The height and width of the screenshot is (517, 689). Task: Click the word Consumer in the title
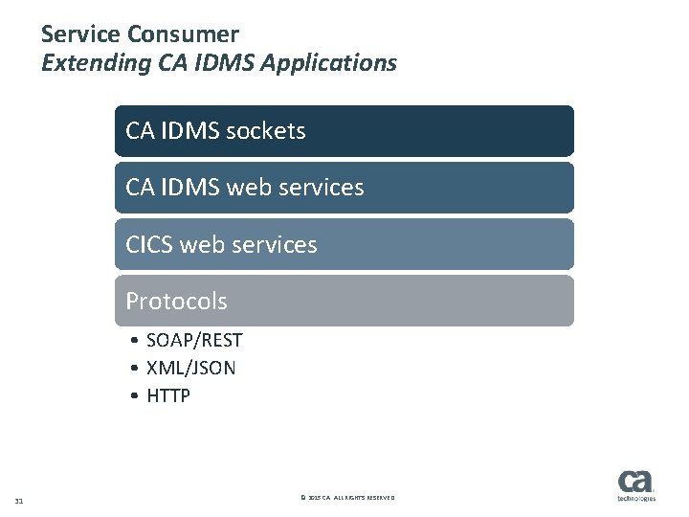coord(180,35)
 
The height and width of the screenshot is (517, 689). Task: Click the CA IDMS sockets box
coord(344,130)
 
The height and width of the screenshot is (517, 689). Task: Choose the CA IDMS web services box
coord(344,187)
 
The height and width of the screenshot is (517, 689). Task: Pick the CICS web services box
coord(344,244)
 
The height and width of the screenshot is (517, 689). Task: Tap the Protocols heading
coord(177,301)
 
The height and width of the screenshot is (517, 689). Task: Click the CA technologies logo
coord(635,483)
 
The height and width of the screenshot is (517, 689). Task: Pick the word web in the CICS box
coord(211,244)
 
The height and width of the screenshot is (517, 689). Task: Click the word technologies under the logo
coord(635,500)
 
